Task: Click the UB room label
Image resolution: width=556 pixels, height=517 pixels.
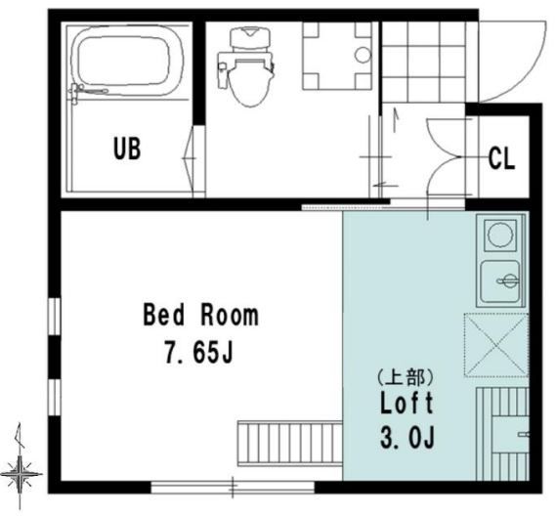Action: pyautogui.click(x=127, y=149)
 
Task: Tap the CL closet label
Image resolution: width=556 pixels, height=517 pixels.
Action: pyautogui.click(x=501, y=158)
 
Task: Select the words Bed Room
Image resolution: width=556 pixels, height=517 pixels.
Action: pyautogui.click(x=201, y=315)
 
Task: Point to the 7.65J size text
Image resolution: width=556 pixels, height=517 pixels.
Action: pyautogui.click(x=198, y=352)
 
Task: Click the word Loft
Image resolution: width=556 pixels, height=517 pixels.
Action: pyautogui.click(x=406, y=403)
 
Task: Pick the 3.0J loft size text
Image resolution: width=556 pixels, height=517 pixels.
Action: pyautogui.click(x=407, y=437)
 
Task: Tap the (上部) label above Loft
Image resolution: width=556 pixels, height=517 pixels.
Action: pyautogui.click(x=406, y=377)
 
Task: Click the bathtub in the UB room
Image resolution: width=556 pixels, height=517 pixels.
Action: pyautogui.click(x=127, y=61)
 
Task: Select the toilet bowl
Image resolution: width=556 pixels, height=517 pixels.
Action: pyautogui.click(x=251, y=82)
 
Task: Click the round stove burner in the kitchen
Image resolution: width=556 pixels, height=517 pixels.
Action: pyautogui.click(x=500, y=235)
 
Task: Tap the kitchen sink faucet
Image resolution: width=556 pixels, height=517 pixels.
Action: pyautogui.click(x=509, y=280)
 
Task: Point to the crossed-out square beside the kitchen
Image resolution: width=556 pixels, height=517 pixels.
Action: pyautogui.click(x=496, y=345)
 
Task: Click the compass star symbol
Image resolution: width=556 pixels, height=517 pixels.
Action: pyautogui.click(x=20, y=473)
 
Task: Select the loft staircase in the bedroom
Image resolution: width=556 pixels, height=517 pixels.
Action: pyautogui.click(x=289, y=444)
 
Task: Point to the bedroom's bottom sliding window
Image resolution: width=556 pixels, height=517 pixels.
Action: pyautogui.click(x=233, y=488)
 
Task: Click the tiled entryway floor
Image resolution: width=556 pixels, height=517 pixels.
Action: pyautogui.click(x=423, y=62)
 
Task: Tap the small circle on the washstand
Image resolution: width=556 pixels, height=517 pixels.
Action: pyautogui.click(x=363, y=55)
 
